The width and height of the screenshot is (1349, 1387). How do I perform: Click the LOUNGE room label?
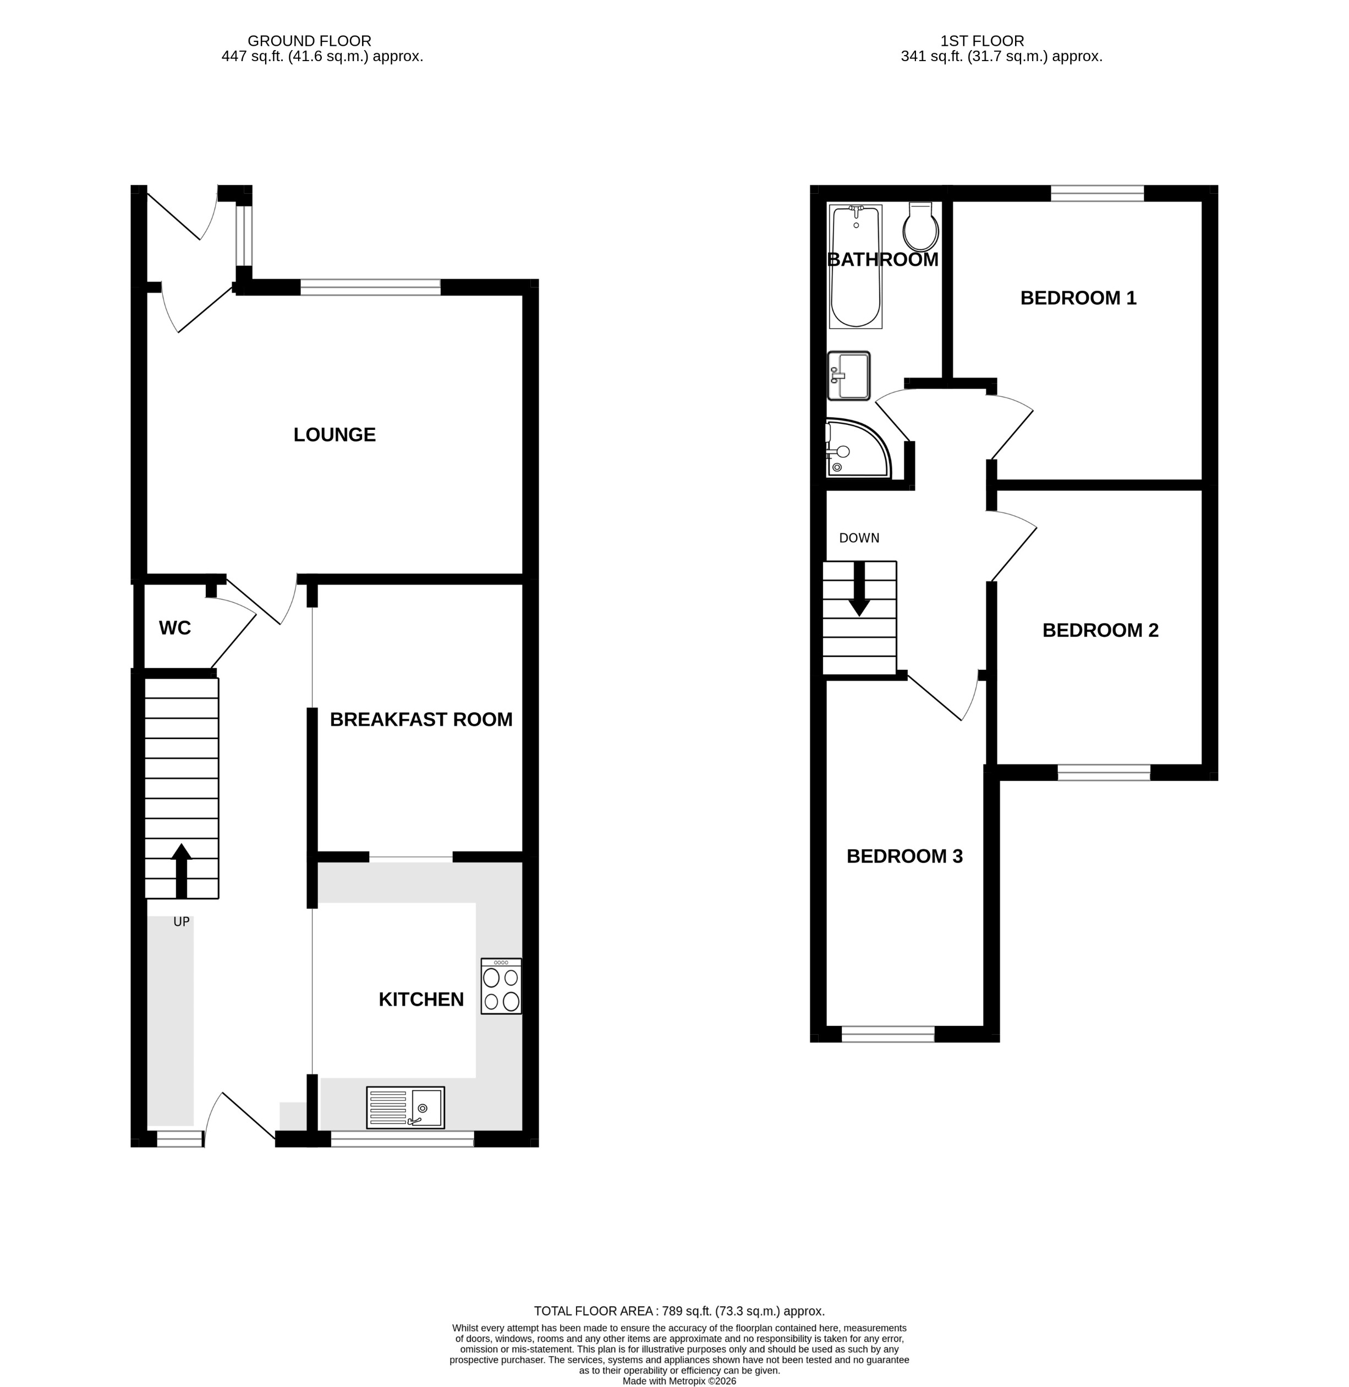(334, 434)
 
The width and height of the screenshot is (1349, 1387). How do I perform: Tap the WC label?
(174, 628)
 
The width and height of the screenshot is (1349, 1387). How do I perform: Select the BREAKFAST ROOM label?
(421, 719)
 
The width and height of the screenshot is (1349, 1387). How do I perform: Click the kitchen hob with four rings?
(501, 986)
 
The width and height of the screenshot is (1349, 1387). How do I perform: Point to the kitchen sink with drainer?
(405, 1107)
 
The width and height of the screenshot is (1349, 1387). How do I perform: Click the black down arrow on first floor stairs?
(859, 589)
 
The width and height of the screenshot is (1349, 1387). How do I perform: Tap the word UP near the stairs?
(182, 922)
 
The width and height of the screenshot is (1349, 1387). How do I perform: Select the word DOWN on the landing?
(859, 538)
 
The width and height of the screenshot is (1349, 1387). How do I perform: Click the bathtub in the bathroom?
(855, 266)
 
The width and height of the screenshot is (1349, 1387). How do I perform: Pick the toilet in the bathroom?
(920, 227)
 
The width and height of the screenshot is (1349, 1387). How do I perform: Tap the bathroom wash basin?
(849, 375)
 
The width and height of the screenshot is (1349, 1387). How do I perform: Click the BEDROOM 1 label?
(1078, 298)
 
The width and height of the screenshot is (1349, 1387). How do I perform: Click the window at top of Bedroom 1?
(1097, 193)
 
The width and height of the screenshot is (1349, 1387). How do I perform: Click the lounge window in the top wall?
(370, 287)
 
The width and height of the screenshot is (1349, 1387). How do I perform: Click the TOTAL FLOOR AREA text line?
(679, 1311)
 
